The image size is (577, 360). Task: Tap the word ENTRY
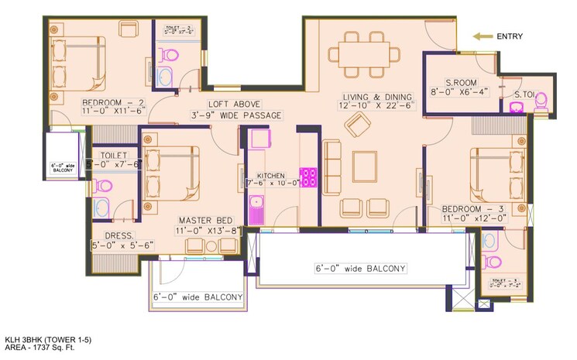509,36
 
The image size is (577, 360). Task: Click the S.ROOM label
450,82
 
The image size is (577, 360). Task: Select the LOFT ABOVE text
233,104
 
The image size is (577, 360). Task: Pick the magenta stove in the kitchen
309,178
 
